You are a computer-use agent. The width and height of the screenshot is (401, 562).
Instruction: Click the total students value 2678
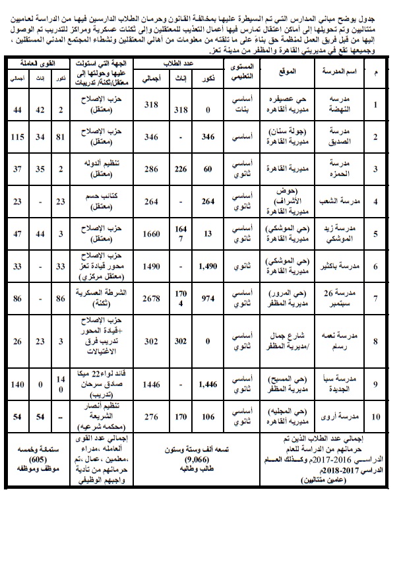pyautogui.click(x=153, y=299)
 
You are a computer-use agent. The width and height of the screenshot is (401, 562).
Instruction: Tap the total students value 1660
pyautogui.click(x=153, y=234)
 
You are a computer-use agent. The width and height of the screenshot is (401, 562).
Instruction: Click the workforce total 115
pyautogui.click(x=16, y=137)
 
